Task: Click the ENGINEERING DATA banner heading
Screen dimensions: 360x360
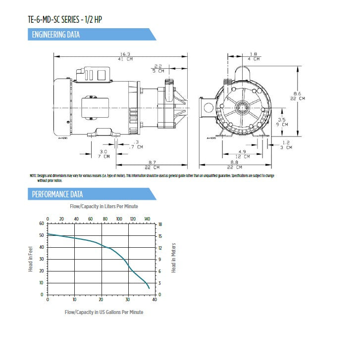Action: click(55, 35)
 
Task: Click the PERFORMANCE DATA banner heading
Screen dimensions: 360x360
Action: click(57, 194)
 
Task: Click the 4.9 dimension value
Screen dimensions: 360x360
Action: click(242, 152)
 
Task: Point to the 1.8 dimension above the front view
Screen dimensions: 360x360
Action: click(254, 54)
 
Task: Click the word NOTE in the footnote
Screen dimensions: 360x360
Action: click(33, 176)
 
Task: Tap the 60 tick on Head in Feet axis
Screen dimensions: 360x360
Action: click(42, 224)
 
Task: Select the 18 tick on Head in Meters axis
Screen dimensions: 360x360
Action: click(160, 224)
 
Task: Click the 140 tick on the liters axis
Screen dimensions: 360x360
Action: click(147, 219)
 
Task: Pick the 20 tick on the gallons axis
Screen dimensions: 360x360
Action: click(101, 300)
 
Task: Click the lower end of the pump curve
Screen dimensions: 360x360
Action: click(149, 288)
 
